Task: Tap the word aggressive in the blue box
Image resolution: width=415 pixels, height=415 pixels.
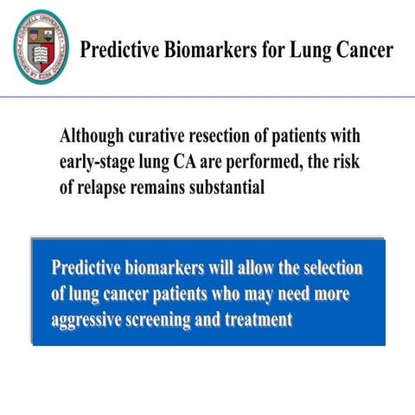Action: (x=89, y=318)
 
